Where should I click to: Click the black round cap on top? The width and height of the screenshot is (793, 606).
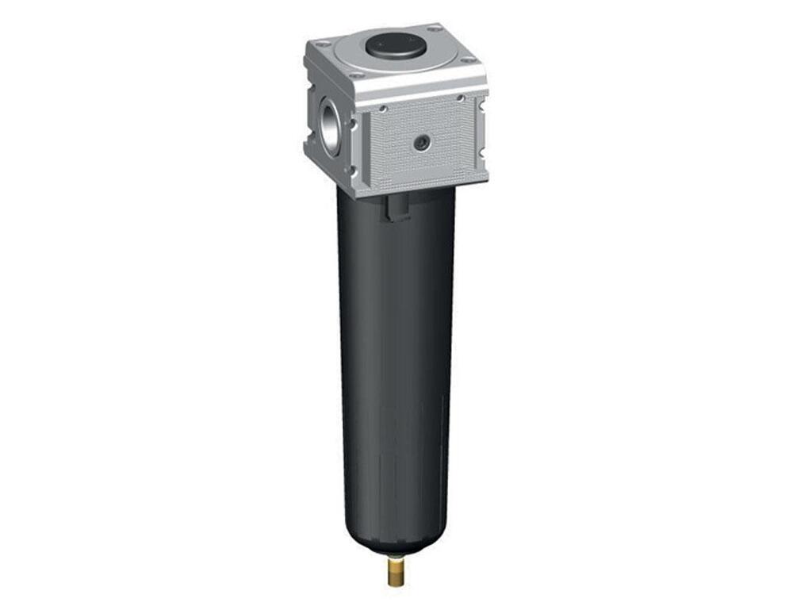(x=394, y=46)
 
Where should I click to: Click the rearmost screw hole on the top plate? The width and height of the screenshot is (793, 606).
(x=434, y=29)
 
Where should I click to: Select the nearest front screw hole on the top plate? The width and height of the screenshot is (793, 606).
(x=356, y=76)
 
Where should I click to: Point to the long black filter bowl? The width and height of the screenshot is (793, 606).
(x=394, y=357)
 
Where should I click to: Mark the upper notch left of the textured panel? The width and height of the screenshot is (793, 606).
(x=353, y=123)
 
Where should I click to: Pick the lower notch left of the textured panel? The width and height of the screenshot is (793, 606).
(x=353, y=171)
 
